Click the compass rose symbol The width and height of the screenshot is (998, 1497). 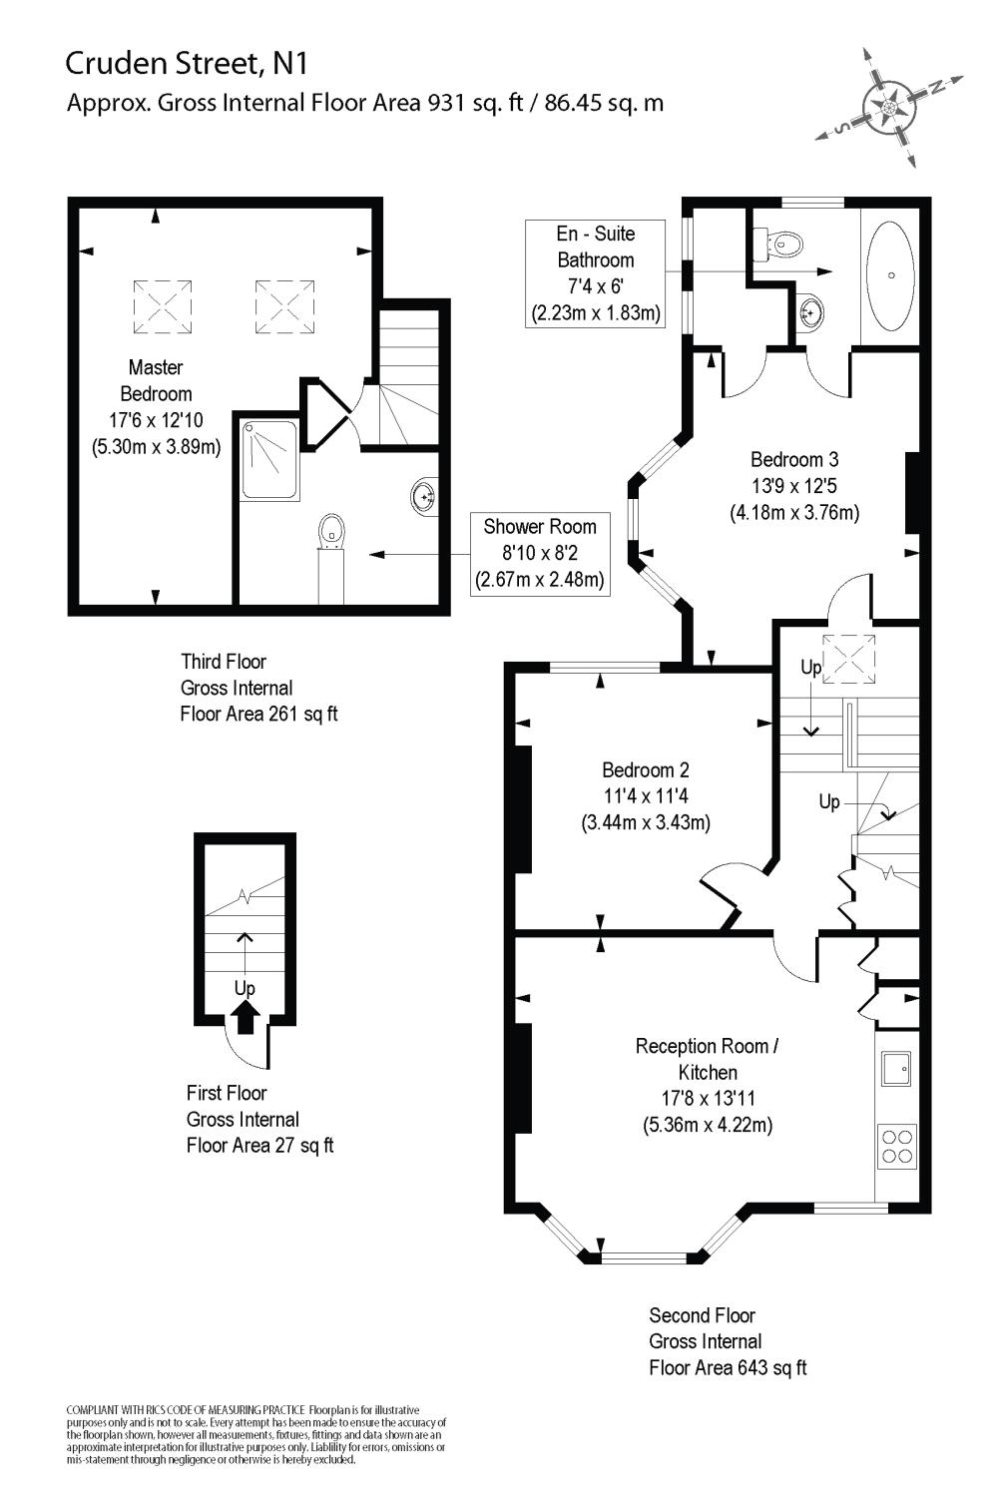click(x=889, y=106)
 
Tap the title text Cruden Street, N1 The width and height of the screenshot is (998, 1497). click(x=187, y=64)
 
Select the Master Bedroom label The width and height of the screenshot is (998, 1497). click(x=156, y=380)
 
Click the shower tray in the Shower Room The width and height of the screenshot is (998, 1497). click(x=269, y=459)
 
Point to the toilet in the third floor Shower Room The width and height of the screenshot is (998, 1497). click(x=330, y=531)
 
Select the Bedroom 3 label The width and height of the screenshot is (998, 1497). click(x=794, y=460)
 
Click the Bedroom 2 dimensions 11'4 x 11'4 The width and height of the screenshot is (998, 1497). click(x=646, y=796)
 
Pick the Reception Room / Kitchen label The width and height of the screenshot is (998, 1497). click(x=707, y=1059)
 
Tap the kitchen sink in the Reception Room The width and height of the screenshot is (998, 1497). click(x=895, y=1068)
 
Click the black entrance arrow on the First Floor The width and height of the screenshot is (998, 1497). click(x=246, y=1018)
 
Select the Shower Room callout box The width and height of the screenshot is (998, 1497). click(x=540, y=554)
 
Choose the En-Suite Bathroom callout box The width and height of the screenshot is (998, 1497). click(x=596, y=273)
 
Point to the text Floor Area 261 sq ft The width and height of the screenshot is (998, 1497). click(x=258, y=714)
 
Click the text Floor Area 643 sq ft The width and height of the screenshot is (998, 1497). click(x=728, y=1367)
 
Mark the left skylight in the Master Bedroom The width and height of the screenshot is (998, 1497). click(x=162, y=306)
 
